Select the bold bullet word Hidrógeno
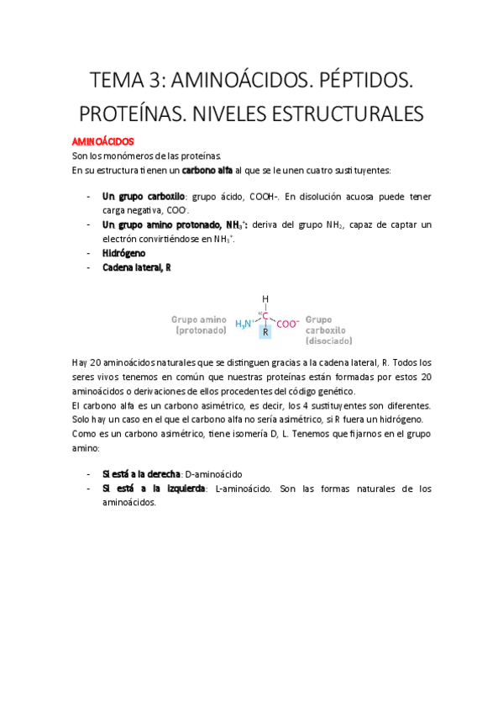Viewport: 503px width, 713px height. coord(123,252)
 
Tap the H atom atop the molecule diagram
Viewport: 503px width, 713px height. coord(265,298)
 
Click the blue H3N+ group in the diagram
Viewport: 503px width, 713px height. coord(245,323)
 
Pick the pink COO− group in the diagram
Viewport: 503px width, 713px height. coord(287,323)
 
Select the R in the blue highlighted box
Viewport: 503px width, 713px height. coord(265,333)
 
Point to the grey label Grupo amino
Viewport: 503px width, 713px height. coord(200,320)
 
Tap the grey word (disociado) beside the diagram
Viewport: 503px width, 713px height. coord(329,341)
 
